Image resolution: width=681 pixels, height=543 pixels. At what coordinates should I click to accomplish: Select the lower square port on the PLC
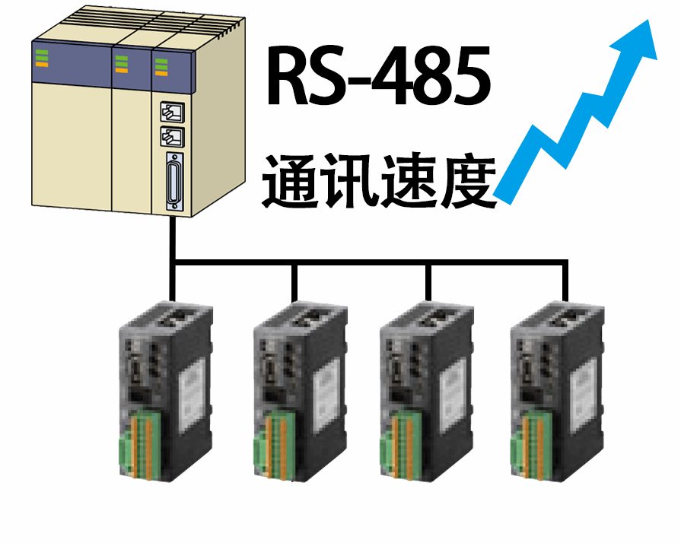click(x=171, y=138)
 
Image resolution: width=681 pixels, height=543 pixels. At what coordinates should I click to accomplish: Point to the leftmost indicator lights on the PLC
click(x=41, y=58)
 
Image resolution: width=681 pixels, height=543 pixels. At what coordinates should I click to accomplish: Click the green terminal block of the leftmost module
click(x=137, y=445)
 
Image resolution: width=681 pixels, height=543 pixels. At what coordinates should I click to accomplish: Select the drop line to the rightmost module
click(x=565, y=281)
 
